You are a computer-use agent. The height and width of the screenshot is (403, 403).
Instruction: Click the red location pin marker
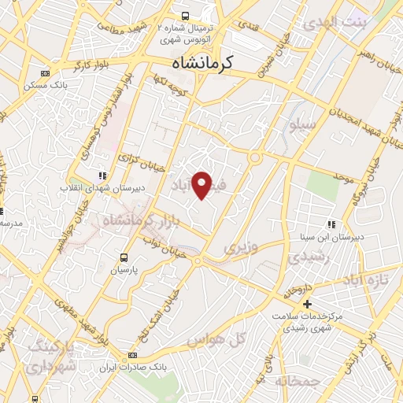point(202,184)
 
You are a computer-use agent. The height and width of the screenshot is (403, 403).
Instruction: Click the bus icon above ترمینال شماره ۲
point(185,16)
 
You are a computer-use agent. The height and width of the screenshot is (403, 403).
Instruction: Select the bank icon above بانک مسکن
point(45,73)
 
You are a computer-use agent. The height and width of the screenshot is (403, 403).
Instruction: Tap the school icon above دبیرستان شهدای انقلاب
point(101,176)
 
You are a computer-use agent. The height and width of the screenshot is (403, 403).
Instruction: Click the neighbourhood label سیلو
point(303,124)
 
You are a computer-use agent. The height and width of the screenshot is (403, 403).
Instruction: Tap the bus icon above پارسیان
point(123,257)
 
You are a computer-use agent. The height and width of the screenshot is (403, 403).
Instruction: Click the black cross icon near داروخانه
point(307,304)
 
